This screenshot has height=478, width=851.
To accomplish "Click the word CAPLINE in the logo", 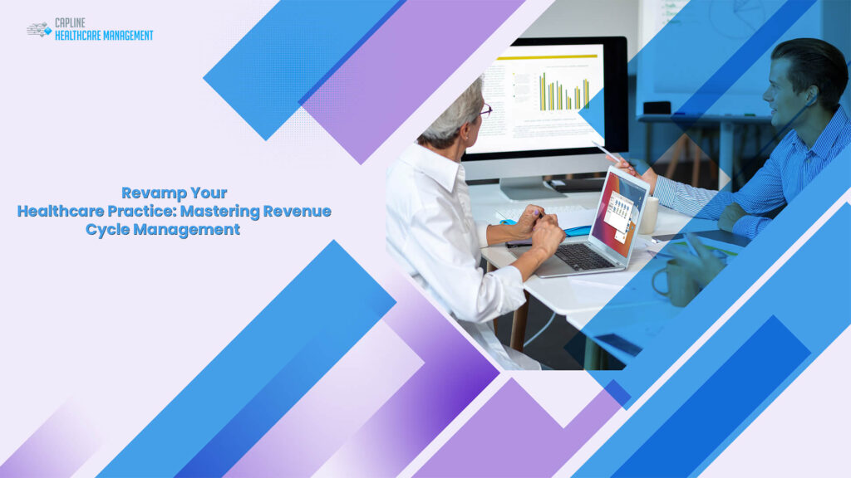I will click(70, 23).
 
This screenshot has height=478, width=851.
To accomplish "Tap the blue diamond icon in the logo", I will click(47, 31).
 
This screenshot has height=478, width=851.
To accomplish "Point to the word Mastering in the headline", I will click(220, 212).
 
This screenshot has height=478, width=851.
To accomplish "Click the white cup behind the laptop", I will click(649, 215).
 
